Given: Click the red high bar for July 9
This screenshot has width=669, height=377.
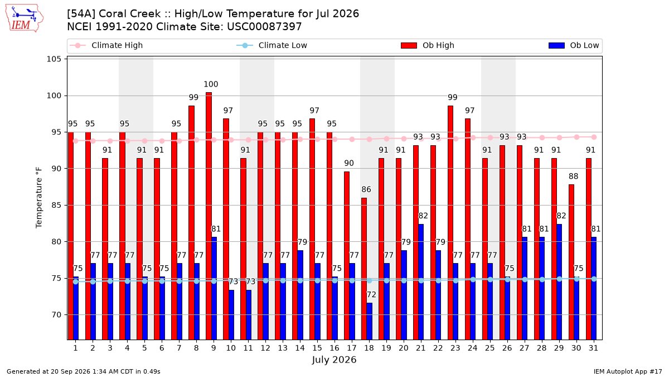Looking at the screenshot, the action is click(209, 216).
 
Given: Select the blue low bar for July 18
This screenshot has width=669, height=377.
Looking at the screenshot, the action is click(370, 321).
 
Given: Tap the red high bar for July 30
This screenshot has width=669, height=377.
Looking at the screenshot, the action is click(571, 262).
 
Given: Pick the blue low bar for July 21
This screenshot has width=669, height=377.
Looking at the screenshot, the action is click(421, 282).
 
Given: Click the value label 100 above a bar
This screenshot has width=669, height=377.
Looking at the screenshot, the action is click(211, 84).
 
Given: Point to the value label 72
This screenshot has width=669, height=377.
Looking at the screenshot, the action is click(371, 295).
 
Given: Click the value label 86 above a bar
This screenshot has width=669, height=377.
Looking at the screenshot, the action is click(366, 189).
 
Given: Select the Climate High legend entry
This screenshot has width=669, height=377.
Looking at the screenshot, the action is click(106, 45).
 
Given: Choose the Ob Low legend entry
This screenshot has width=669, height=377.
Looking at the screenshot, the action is click(574, 45).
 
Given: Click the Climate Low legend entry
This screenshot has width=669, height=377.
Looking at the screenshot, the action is click(272, 45).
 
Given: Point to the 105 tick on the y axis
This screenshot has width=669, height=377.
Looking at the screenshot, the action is click(54, 59).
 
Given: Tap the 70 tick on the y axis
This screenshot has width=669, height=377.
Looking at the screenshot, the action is click(56, 315).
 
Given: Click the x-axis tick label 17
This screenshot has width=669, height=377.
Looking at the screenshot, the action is click(352, 349).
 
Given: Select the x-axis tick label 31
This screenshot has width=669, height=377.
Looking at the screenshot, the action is click(593, 349).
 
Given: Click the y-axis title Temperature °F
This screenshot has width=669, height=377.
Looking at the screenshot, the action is click(39, 198).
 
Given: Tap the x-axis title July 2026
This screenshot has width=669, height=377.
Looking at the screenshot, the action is click(334, 360).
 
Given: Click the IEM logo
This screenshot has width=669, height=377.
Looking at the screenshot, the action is click(24, 18).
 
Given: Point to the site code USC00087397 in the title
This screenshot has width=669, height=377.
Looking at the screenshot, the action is click(264, 27).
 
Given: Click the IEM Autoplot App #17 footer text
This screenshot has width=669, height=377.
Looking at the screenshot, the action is click(628, 371).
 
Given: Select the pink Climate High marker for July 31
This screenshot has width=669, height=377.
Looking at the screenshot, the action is click(594, 137).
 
